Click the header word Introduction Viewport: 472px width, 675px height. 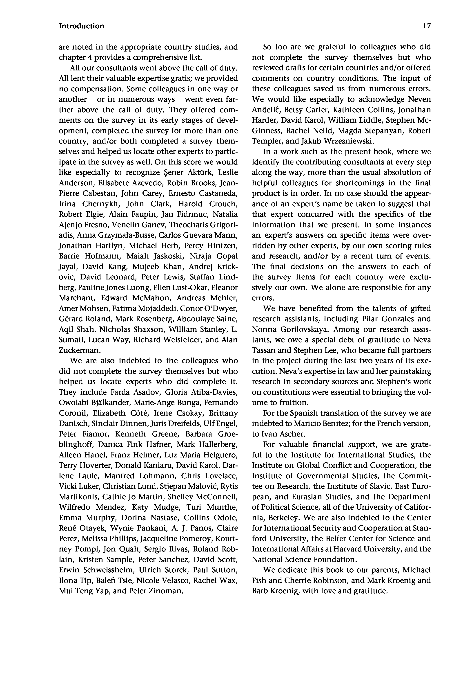[x=81, y=26]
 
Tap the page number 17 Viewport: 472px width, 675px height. [x=426, y=26]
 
